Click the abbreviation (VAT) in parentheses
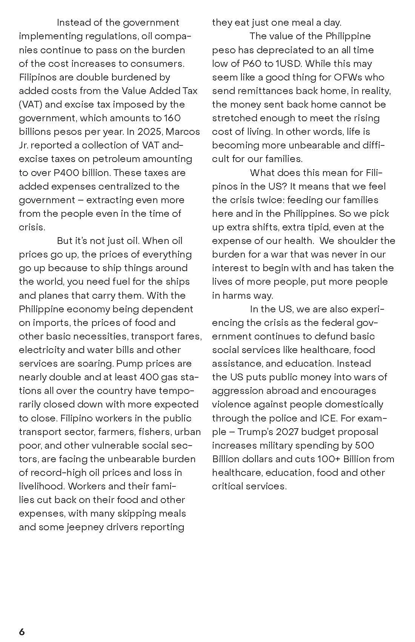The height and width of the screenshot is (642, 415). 29,105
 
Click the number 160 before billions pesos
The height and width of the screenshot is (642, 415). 172,118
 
